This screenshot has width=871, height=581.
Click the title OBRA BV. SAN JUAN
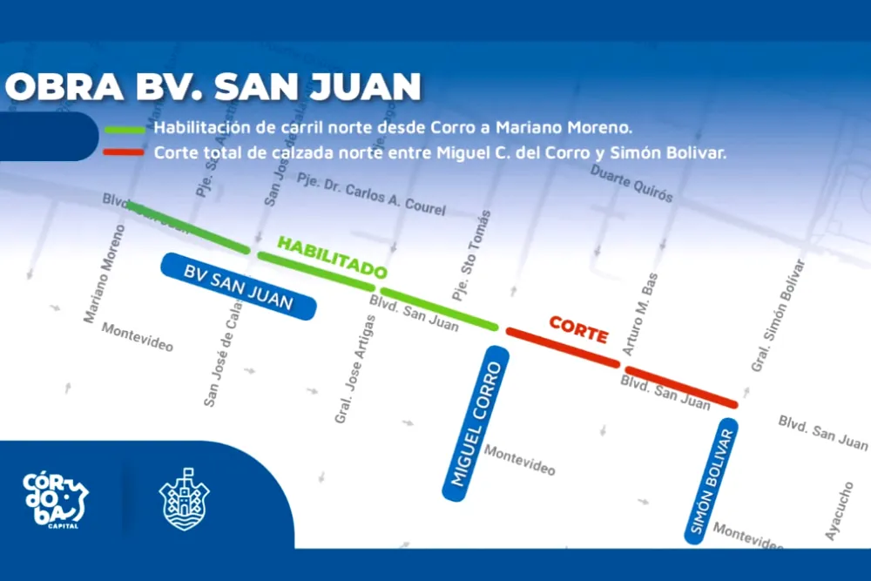213,87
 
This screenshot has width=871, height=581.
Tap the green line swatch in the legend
125,127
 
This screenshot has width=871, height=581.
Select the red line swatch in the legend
125,152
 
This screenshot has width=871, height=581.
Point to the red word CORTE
577,330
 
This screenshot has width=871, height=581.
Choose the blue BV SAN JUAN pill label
238,287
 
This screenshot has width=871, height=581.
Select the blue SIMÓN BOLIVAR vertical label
711,481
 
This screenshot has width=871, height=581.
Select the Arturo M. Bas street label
639,315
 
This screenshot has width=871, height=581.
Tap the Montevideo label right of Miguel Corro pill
519,459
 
